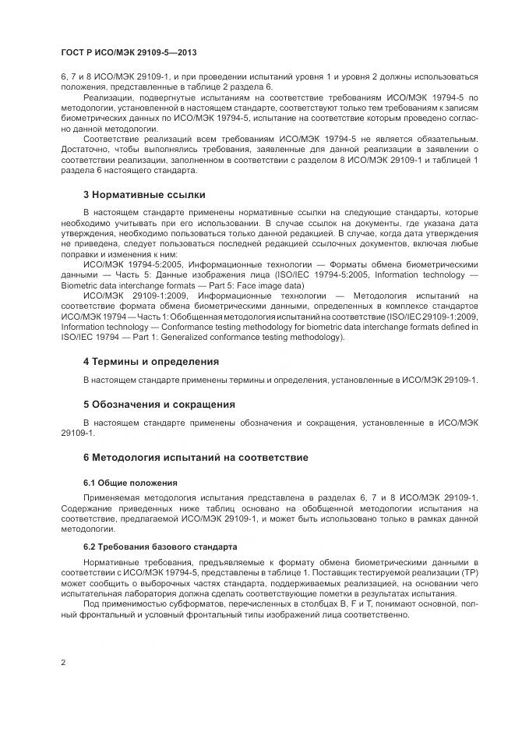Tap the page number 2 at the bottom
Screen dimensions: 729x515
[63, 663]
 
